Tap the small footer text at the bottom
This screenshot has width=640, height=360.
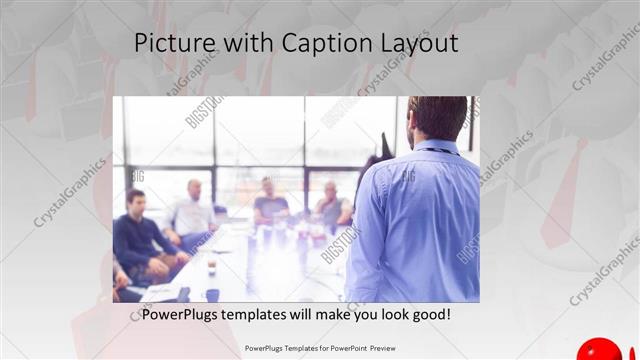pos(319,348)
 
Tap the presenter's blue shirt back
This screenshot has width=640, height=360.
pos(415,220)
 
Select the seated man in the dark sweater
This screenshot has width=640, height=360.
pos(139,235)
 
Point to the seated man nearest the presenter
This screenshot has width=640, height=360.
pos(333,203)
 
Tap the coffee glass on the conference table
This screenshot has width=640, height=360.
pos(211,266)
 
